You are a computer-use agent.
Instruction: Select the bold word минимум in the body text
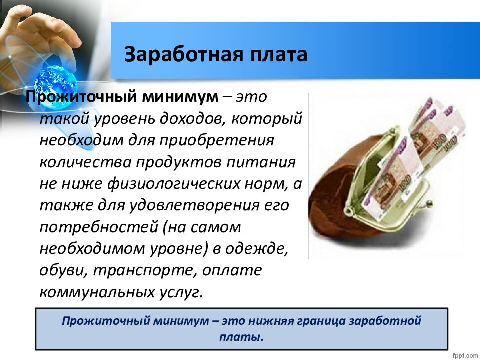[181, 97]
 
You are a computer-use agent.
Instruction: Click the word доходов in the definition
[191, 119]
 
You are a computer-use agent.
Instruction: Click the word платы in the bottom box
[241, 337]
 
